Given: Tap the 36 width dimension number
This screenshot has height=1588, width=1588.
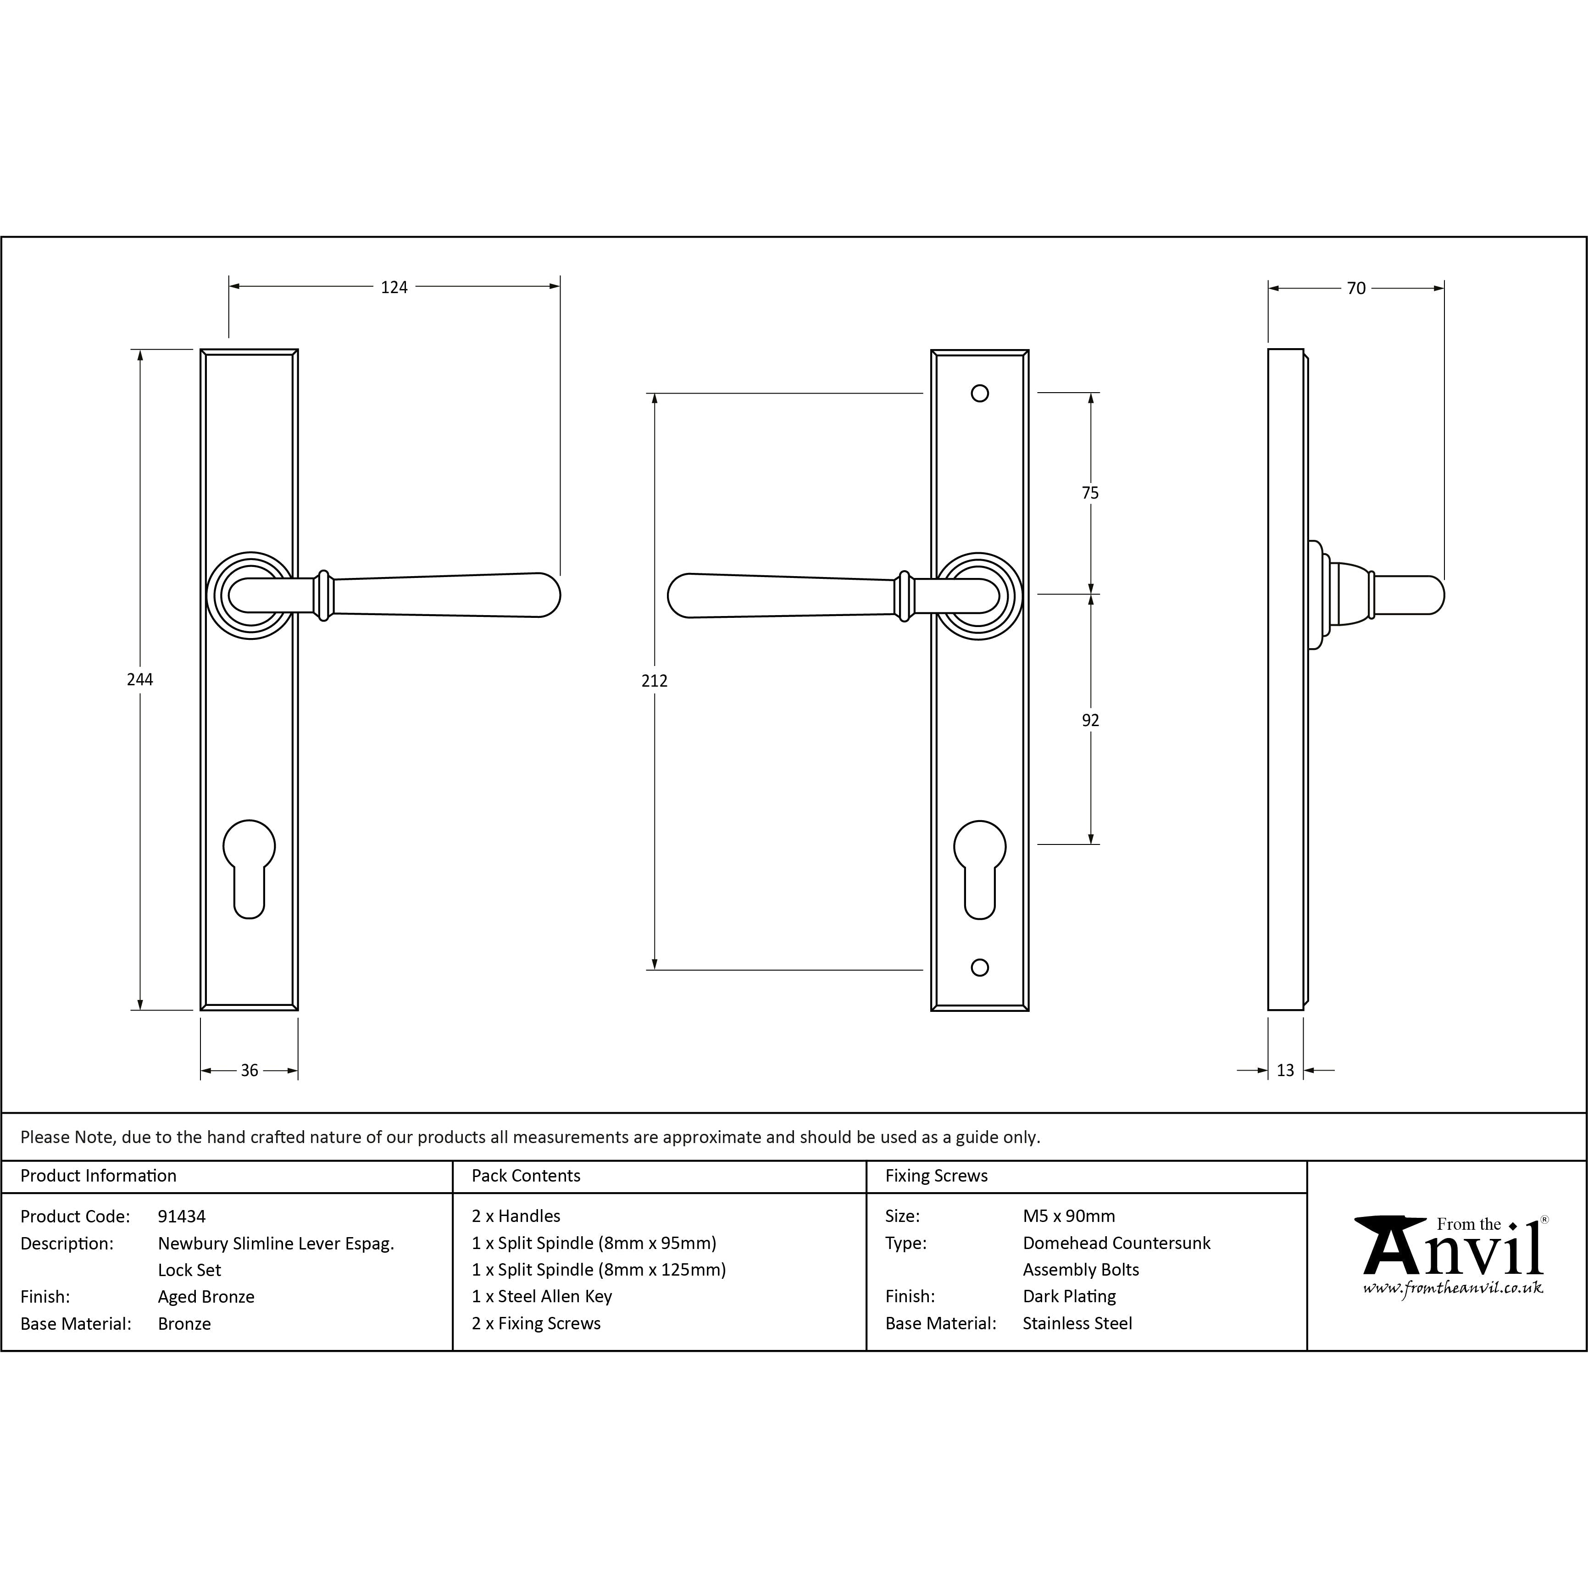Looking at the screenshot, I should coord(249,1070).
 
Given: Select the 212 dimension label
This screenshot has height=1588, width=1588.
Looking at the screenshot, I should coord(654,681).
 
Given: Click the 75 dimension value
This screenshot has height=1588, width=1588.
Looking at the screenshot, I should coord(1090,493).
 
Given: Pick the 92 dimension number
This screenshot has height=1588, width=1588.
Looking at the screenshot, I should coord(1090,720).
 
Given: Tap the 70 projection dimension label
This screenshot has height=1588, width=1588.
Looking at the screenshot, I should coord(1356,289).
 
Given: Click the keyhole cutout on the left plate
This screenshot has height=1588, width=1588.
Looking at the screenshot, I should coord(249,867).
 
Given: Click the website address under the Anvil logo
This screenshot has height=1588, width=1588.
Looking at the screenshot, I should coord(1452,1288).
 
